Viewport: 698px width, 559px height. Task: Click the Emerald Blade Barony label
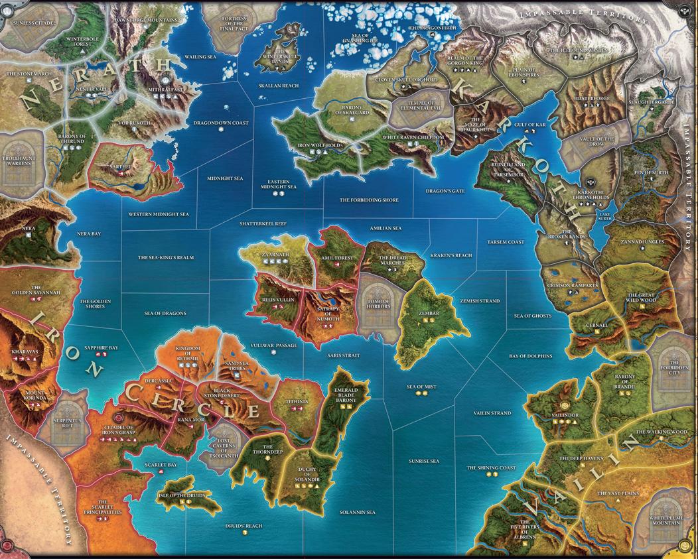[x=345, y=395]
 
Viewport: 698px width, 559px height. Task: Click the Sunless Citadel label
[x=32, y=22]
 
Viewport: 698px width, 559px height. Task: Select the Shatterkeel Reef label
[x=263, y=223]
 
